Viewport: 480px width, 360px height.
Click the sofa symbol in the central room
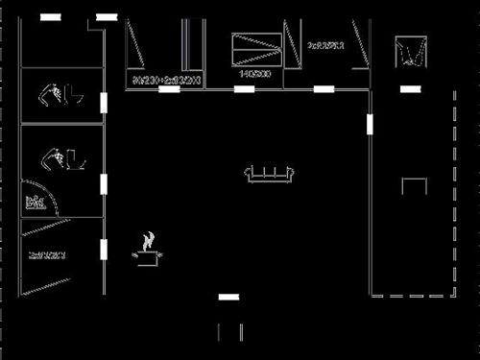pyautogui.click(x=272, y=174)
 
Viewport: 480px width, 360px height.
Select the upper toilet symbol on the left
pyautogui.click(x=60, y=95)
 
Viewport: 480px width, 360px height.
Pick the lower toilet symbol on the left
pyautogui.click(x=60, y=156)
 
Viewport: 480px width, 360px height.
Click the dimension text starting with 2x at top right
pyautogui.click(x=326, y=45)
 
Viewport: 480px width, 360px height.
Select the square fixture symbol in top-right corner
pyautogui.click(x=411, y=51)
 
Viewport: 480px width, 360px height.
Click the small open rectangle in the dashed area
pyautogui.click(x=414, y=186)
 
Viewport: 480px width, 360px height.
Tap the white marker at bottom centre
pyautogui.click(x=228, y=298)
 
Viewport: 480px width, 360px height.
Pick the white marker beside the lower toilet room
pyautogui.click(x=105, y=183)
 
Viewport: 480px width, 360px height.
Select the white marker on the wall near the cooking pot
pyautogui.click(x=105, y=250)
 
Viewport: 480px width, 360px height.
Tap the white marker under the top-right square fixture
pyautogui.click(x=410, y=88)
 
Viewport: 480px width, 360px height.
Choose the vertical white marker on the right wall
pyautogui.click(x=371, y=126)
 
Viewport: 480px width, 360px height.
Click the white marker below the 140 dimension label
pyautogui.click(x=245, y=89)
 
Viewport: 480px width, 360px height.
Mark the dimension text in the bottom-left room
pyautogui.click(x=46, y=254)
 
